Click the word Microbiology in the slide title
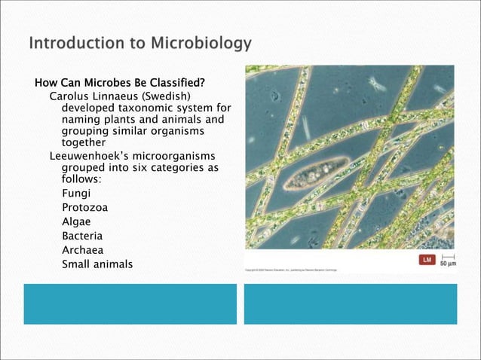tap(199, 44)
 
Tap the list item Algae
tap(78, 221)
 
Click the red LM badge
tap(426, 261)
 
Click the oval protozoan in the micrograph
tap(316, 175)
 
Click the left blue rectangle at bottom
tap(130, 304)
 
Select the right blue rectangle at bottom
tap(350, 304)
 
